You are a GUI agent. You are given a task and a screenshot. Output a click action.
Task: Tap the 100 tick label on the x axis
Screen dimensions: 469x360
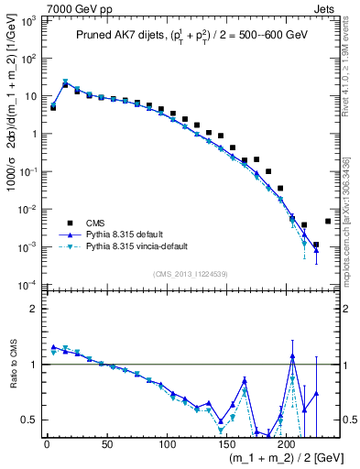pos(167,444)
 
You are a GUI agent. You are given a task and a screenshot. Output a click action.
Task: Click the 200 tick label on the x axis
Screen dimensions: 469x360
pos(287,444)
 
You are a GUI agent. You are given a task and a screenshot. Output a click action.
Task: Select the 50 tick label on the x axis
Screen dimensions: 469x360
pos(107,444)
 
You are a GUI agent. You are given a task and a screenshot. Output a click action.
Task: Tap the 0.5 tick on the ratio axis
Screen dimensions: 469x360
pos(30,420)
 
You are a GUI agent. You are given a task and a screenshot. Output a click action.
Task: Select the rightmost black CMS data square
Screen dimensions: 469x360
pos(328,221)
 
